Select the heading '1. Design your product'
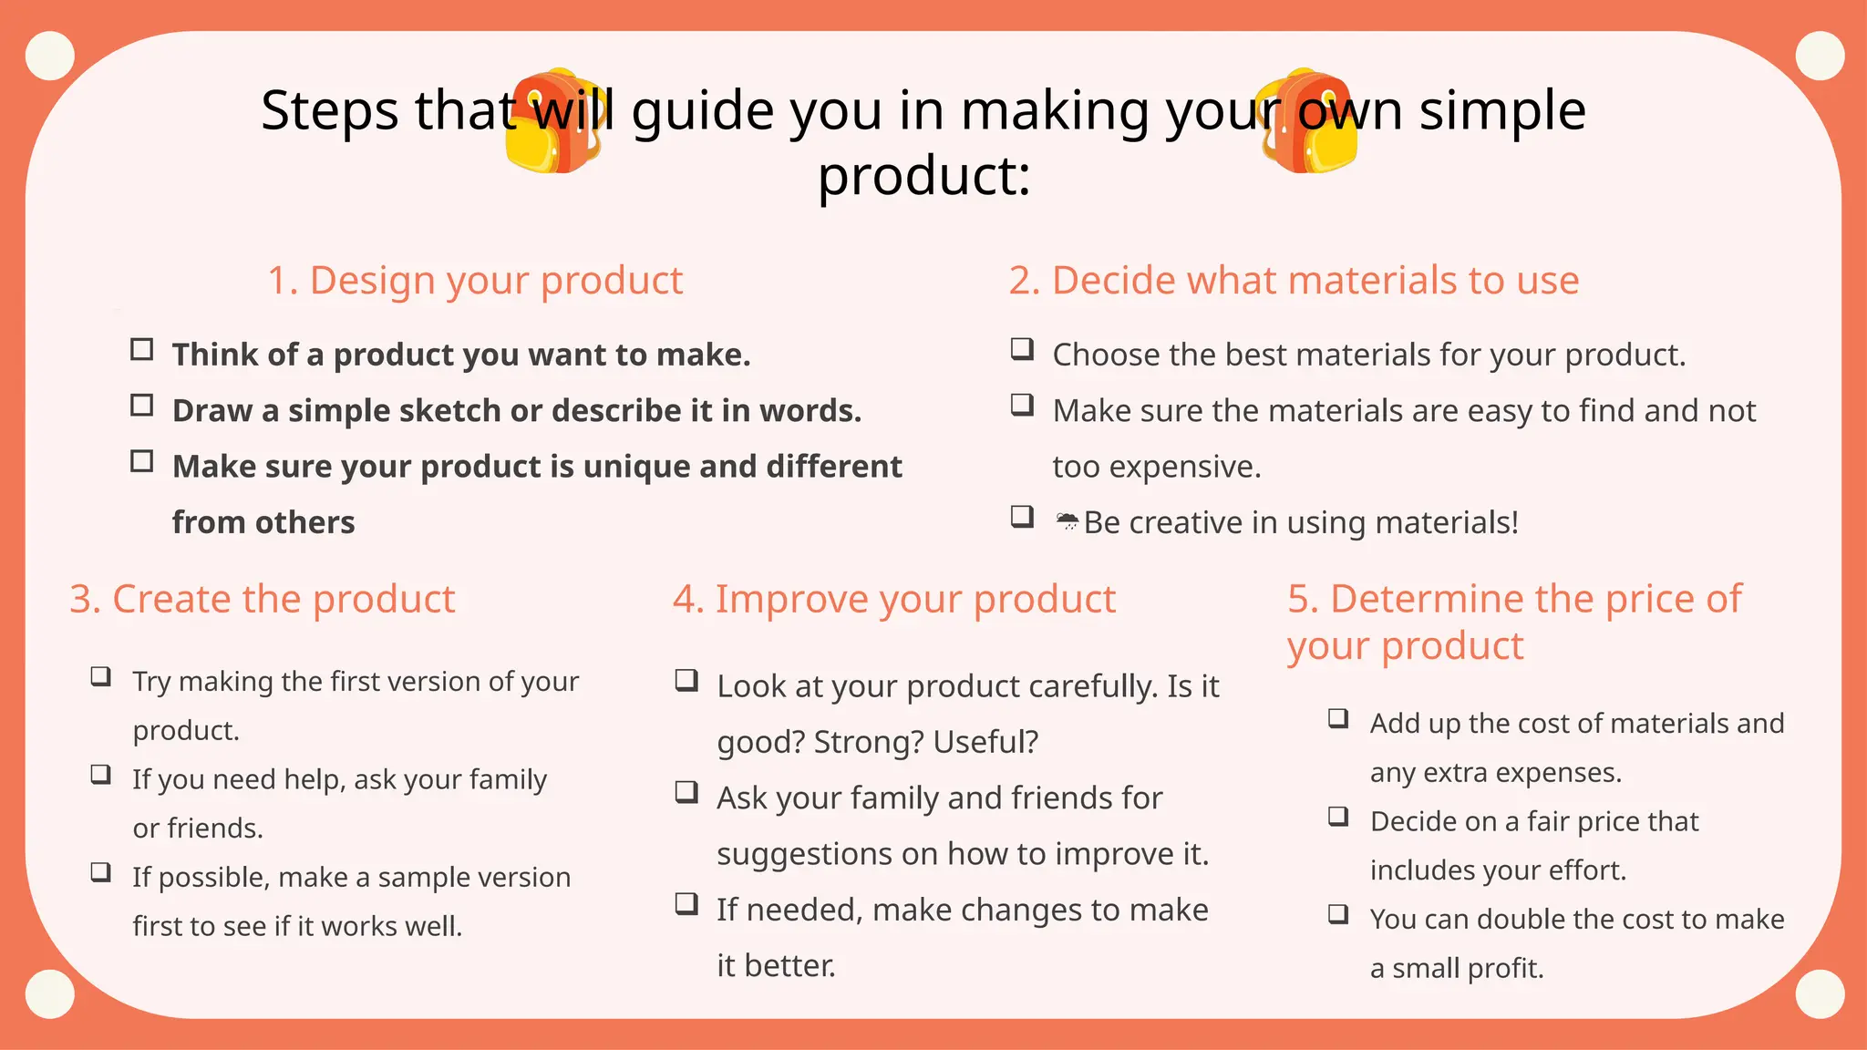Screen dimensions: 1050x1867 tap(474, 280)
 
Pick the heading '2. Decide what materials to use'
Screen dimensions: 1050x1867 tap(1294, 280)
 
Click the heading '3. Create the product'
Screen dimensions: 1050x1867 tap(262, 599)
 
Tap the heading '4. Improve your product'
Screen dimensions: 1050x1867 tap(893, 599)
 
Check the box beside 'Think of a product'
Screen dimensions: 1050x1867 tap(142, 349)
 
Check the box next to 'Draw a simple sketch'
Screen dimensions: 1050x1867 tap(142, 405)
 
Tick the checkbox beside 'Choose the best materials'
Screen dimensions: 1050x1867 tap(1022, 348)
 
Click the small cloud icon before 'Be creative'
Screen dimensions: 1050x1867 tap(1067, 521)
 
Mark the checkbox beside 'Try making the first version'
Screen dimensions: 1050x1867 tap(100, 676)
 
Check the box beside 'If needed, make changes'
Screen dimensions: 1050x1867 tap(686, 903)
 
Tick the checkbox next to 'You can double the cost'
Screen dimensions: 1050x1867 tap(1337, 913)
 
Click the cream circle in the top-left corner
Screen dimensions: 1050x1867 tap(50, 56)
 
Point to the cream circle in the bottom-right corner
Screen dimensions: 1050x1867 tap(1820, 993)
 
